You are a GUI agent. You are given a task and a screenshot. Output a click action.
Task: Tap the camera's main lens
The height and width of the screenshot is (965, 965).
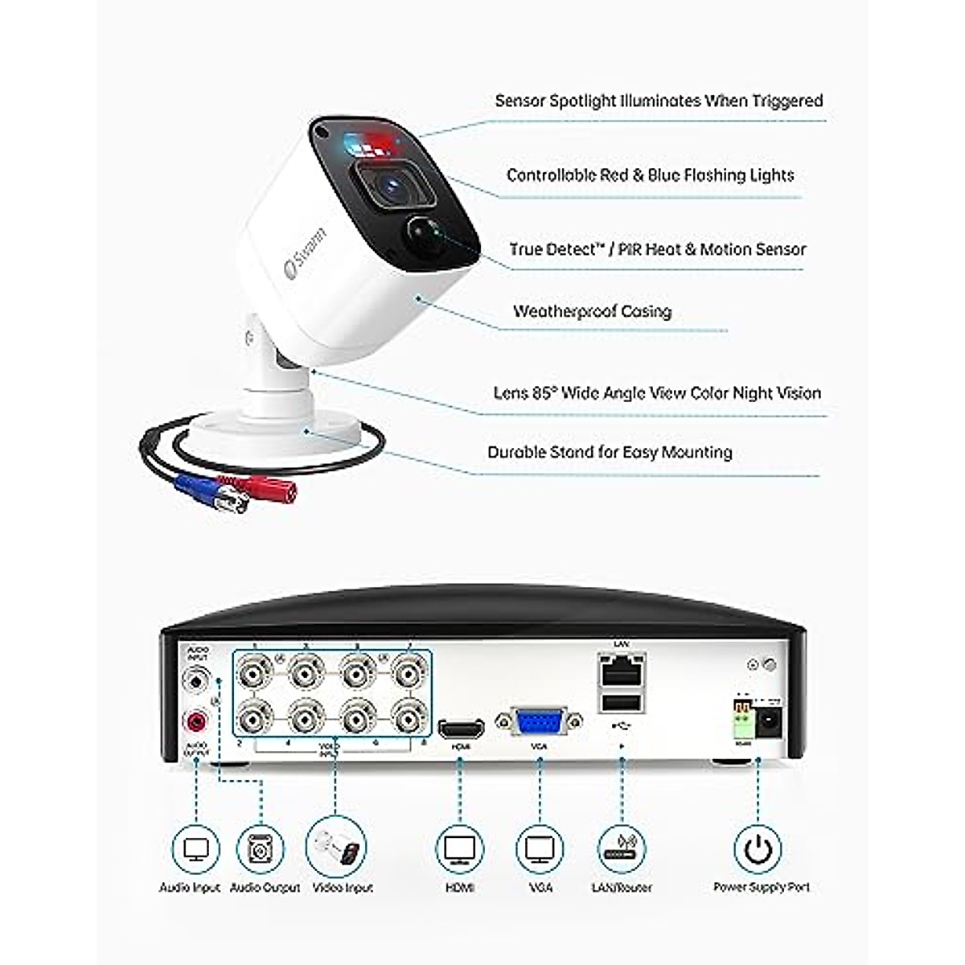pos(391,187)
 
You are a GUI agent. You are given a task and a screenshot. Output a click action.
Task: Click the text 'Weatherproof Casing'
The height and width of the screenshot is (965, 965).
pos(592,311)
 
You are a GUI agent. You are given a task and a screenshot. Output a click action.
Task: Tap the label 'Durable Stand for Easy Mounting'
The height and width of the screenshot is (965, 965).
pos(610,452)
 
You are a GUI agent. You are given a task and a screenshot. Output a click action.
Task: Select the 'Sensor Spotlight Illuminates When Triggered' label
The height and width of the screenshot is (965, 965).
pos(659,101)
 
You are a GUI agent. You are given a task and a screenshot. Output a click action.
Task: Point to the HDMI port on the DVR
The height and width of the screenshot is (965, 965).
pos(461,729)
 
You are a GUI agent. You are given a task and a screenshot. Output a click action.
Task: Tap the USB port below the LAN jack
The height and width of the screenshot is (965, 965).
pos(621,703)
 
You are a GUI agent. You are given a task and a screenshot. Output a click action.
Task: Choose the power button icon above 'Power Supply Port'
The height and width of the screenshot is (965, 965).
pos(758,849)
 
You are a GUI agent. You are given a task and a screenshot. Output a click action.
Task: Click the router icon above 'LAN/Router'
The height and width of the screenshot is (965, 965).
pos(622,849)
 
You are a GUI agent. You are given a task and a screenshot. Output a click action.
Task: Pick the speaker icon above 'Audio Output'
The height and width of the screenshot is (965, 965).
pos(261,849)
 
